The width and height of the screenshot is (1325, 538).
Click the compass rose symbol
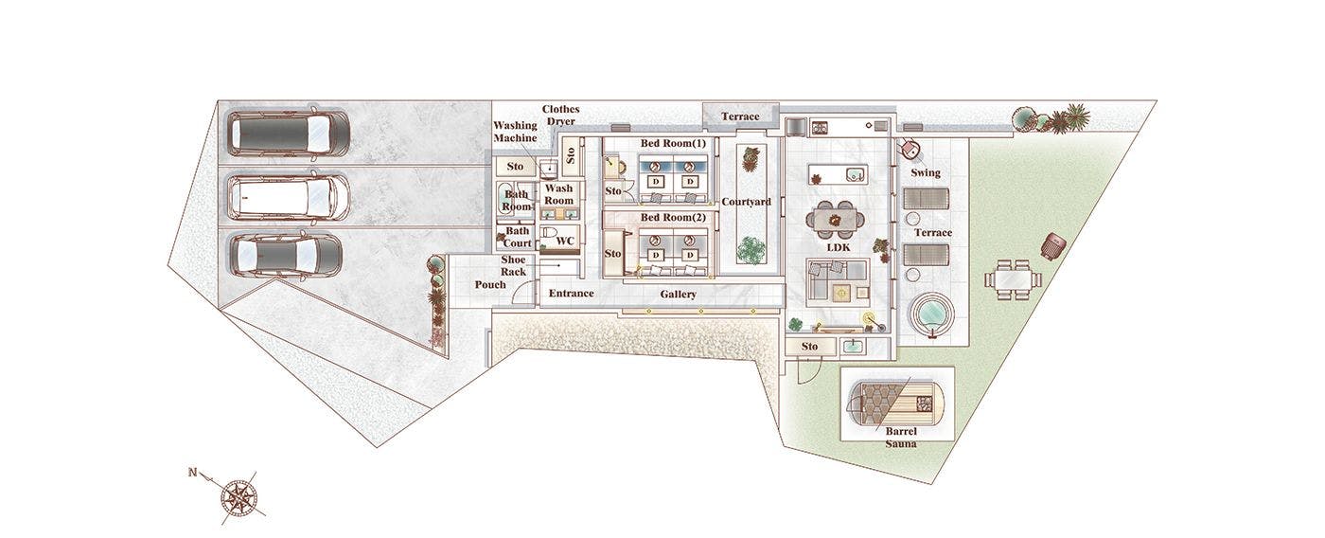click(x=238, y=497)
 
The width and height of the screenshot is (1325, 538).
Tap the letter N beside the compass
click(x=192, y=473)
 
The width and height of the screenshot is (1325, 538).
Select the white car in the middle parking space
click(x=288, y=197)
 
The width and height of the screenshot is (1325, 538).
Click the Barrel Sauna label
click(x=901, y=438)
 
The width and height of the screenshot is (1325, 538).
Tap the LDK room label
click(x=839, y=247)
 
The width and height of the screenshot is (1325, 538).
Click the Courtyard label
click(x=746, y=202)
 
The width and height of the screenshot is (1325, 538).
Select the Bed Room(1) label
click(x=673, y=143)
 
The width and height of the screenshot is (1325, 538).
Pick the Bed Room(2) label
click(x=673, y=217)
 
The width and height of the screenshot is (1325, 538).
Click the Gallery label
click(x=678, y=295)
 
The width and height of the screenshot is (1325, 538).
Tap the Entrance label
click(x=571, y=293)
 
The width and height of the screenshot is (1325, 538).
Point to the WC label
click(x=565, y=241)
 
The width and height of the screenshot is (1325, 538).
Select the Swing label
click(x=926, y=172)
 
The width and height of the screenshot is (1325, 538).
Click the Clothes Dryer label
click(x=560, y=115)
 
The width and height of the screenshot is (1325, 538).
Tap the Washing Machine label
click(x=515, y=132)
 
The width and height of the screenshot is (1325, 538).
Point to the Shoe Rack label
click(x=513, y=266)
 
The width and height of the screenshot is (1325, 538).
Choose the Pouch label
click(x=490, y=285)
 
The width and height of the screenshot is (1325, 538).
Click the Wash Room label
click(x=559, y=194)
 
